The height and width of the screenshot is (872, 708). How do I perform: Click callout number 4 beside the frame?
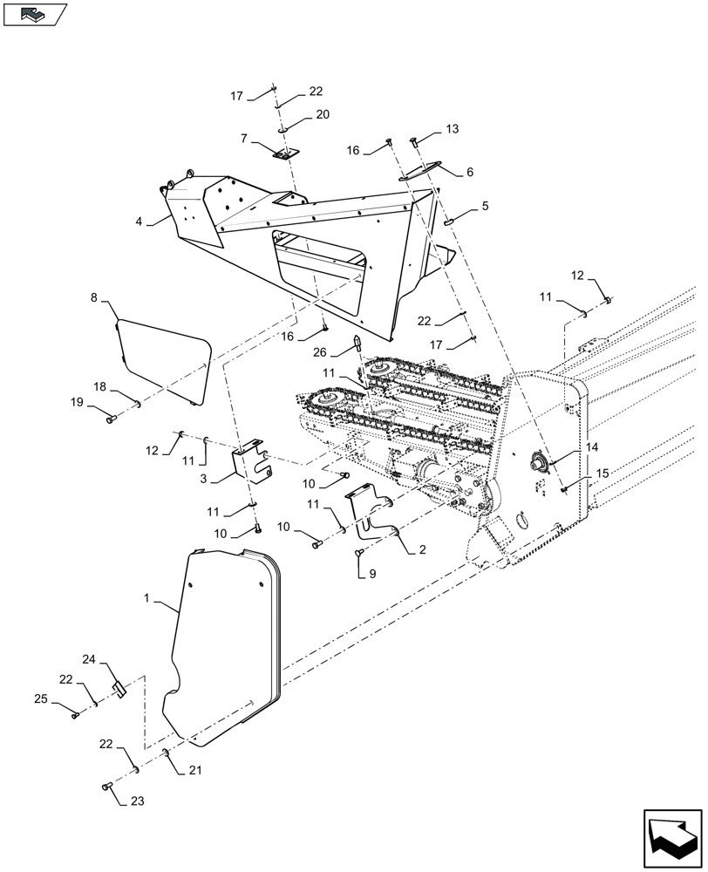tap(138, 221)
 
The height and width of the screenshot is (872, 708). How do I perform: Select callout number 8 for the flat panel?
tap(94, 296)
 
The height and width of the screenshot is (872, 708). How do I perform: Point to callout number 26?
tap(319, 352)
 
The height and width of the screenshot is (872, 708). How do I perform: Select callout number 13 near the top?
tap(452, 129)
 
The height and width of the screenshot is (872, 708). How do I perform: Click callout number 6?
tap(469, 173)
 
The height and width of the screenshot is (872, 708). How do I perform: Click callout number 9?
tap(372, 574)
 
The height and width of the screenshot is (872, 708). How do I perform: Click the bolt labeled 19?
tap(111, 420)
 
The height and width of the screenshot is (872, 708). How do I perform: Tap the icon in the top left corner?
tap(35, 13)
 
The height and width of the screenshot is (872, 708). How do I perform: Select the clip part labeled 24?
tap(121, 689)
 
